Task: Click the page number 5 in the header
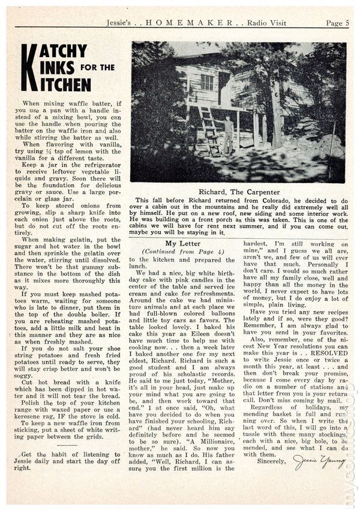[347, 23]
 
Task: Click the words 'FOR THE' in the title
[98, 67]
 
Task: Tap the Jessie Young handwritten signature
[319, 462]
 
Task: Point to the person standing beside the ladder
[229, 135]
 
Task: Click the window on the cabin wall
[206, 82]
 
